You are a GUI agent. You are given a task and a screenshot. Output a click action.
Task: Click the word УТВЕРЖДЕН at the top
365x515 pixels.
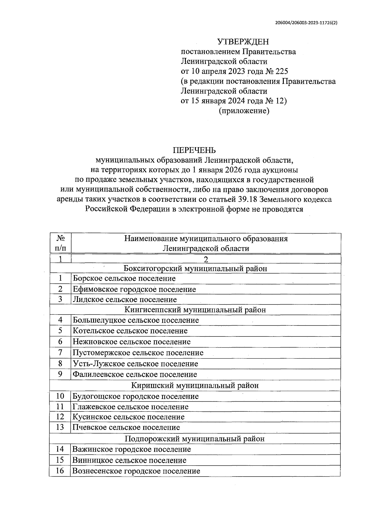point(243,42)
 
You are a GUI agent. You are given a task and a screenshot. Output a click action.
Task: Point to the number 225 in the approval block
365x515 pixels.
point(282,71)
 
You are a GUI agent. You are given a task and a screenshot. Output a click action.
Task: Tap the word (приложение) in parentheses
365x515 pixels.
point(244,111)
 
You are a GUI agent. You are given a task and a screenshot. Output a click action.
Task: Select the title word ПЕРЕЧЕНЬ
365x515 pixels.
point(194,150)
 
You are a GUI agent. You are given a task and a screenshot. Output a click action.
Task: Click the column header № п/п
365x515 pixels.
point(60,243)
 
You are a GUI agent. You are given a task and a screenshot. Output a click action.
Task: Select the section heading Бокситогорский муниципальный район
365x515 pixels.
point(195,268)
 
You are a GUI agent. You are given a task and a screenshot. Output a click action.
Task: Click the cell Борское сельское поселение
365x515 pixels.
point(124,279)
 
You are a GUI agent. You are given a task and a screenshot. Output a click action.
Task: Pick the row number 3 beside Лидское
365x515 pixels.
point(60,299)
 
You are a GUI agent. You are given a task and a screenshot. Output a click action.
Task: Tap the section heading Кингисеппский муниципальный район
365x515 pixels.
point(195,310)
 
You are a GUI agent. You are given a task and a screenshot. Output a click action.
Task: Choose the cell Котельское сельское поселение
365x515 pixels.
point(130,331)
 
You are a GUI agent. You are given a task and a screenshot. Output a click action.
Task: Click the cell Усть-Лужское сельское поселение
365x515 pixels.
point(135,364)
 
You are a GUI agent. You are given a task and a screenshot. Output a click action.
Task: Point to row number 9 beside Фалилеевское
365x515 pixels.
point(60,374)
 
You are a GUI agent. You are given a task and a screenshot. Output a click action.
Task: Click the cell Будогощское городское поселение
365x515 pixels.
point(136,396)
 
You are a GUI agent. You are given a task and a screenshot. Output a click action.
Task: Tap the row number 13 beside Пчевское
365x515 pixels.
point(60,427)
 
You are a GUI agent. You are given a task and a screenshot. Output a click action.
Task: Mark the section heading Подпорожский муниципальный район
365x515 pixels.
point(195,439)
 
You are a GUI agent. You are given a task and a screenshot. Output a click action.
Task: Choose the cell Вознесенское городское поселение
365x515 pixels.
point(136,471)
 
